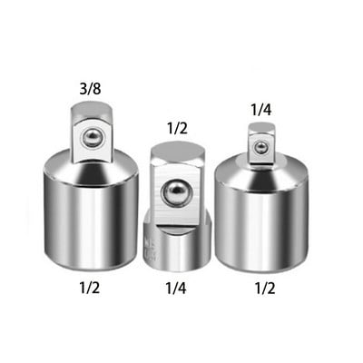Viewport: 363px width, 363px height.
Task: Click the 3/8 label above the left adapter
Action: tap(90, 90)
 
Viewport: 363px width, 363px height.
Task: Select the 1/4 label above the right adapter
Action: tap(261, 109)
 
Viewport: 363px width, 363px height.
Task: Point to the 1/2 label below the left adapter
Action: tap(90, 288)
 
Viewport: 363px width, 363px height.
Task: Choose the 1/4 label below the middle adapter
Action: tap(178, 288)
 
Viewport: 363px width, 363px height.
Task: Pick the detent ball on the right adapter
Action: tap(260, 146)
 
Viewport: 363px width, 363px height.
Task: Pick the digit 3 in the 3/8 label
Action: tap(82, 90)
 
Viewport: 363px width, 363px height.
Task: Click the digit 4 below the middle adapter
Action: tap(186, 288)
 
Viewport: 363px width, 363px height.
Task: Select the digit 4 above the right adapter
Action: tap(270, 109)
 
